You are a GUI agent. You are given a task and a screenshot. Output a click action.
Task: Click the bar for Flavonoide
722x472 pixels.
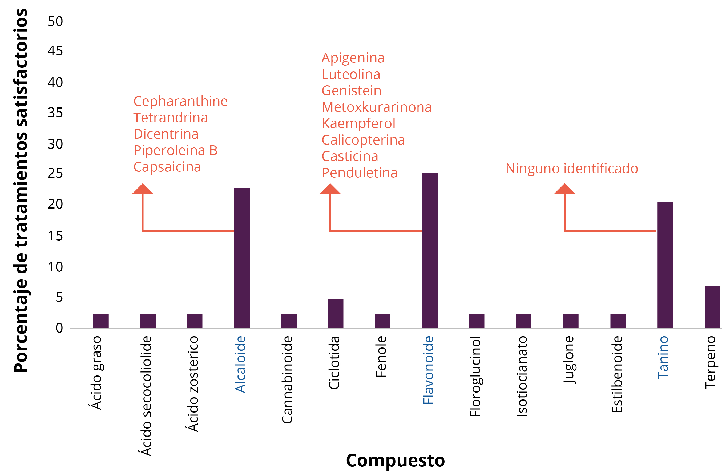(x=430, y=250)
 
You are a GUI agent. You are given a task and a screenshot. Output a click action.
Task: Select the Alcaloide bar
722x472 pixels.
(x=242, y=258)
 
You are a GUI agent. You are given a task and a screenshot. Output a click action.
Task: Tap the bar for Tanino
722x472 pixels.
(x=665, y=265)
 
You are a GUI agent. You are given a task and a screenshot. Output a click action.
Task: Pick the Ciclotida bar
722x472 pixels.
(x=336, y=314)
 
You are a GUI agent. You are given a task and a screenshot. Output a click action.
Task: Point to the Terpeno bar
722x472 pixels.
(x=712, y=307)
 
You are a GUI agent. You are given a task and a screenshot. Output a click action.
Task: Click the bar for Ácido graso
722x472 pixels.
(x=101, y=321)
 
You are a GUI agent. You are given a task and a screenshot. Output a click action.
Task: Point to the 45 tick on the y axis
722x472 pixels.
(x=55, y=51)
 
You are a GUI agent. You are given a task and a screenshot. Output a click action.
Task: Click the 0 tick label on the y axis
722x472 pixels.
(x=59, y=328)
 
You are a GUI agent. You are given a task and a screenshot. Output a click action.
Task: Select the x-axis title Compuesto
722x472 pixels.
(x=395, y=460)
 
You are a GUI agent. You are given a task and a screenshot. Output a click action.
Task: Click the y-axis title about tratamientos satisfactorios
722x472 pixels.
(x=21, y=191)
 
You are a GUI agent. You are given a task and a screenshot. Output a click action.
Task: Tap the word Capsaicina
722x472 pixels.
(x=167, y=167)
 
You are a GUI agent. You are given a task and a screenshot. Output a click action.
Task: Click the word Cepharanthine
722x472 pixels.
(x=180, y=101)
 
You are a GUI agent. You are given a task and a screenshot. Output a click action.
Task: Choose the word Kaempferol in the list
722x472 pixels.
(x=358, y=123)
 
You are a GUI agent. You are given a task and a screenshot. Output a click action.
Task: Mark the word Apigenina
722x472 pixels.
(x=353, y=58)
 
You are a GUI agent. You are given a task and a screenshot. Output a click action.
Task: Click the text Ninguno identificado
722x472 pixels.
(x=571, y=169)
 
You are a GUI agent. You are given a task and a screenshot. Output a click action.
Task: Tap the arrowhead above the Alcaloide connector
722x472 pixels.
(x=143, y=189)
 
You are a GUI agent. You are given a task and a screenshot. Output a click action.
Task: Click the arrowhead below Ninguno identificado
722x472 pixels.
(x=564, y=189)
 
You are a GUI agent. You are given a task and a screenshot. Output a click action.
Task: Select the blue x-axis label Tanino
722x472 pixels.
(x=663, y=357)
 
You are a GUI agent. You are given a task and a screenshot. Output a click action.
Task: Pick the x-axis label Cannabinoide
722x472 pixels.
(x=287, y=379)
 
